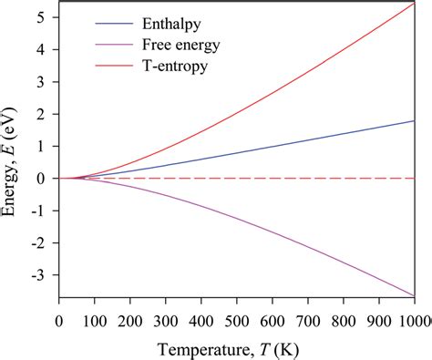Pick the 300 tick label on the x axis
(x=166, y=320)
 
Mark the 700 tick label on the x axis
(x=308, y=320)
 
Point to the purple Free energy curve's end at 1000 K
(x=414, y=295)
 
